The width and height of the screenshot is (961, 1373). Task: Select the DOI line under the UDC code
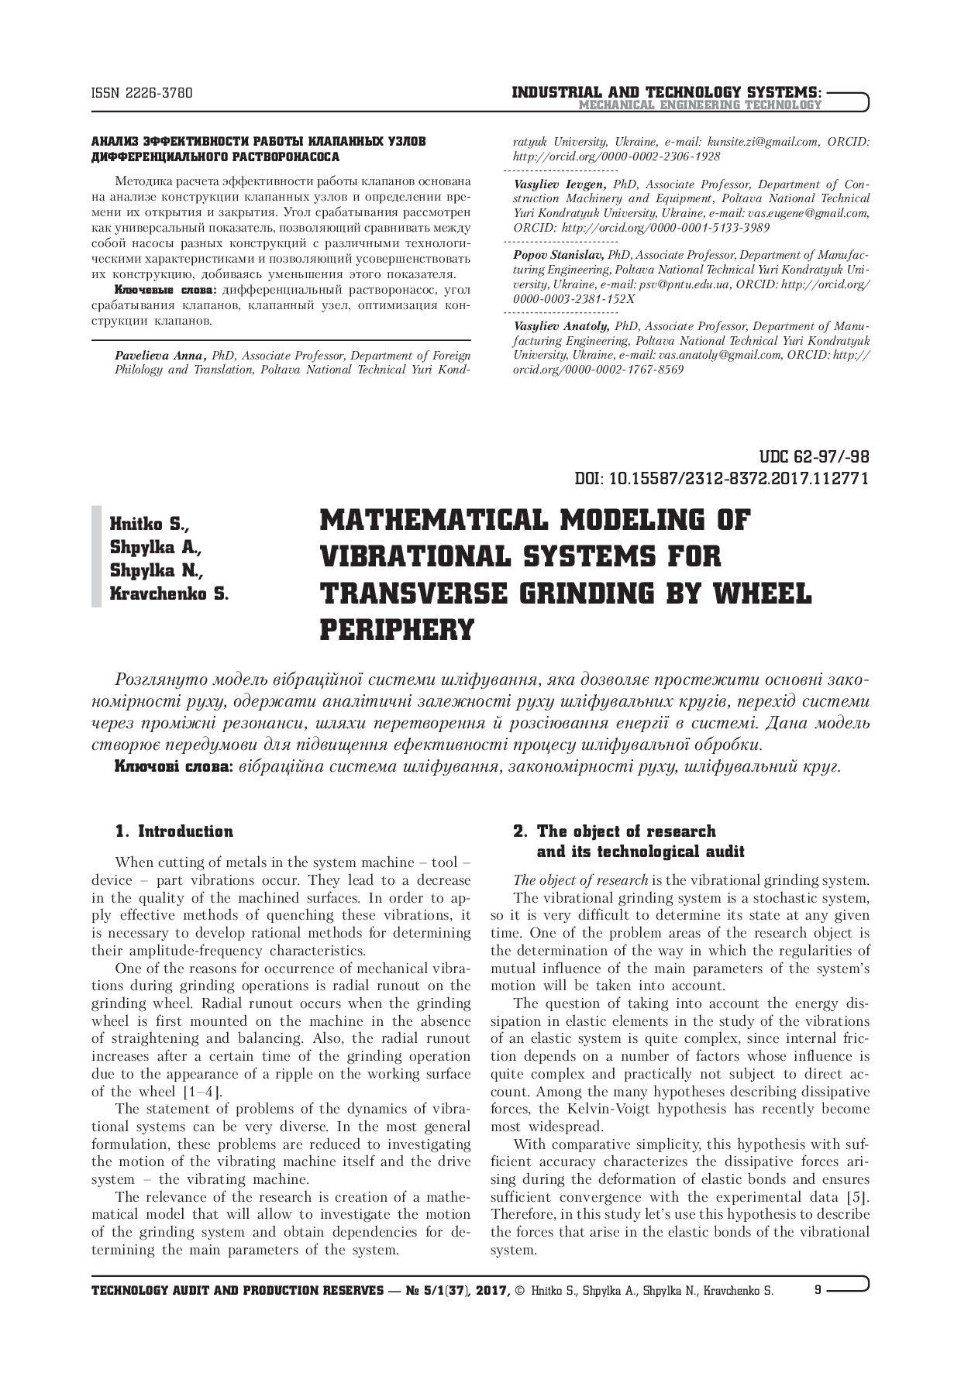[x=722, y=478]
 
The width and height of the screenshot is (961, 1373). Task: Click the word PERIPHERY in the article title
[x=396, y=629]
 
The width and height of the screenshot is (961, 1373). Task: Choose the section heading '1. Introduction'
[x=174, y=831]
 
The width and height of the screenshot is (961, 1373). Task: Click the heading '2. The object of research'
[x=615, y=831]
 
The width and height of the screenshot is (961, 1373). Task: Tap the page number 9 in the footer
[x=818, y=1291]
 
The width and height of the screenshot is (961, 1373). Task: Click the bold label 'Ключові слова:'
[x=173, y=767]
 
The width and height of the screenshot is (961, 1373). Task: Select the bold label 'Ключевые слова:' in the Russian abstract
[x=166, y=291]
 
